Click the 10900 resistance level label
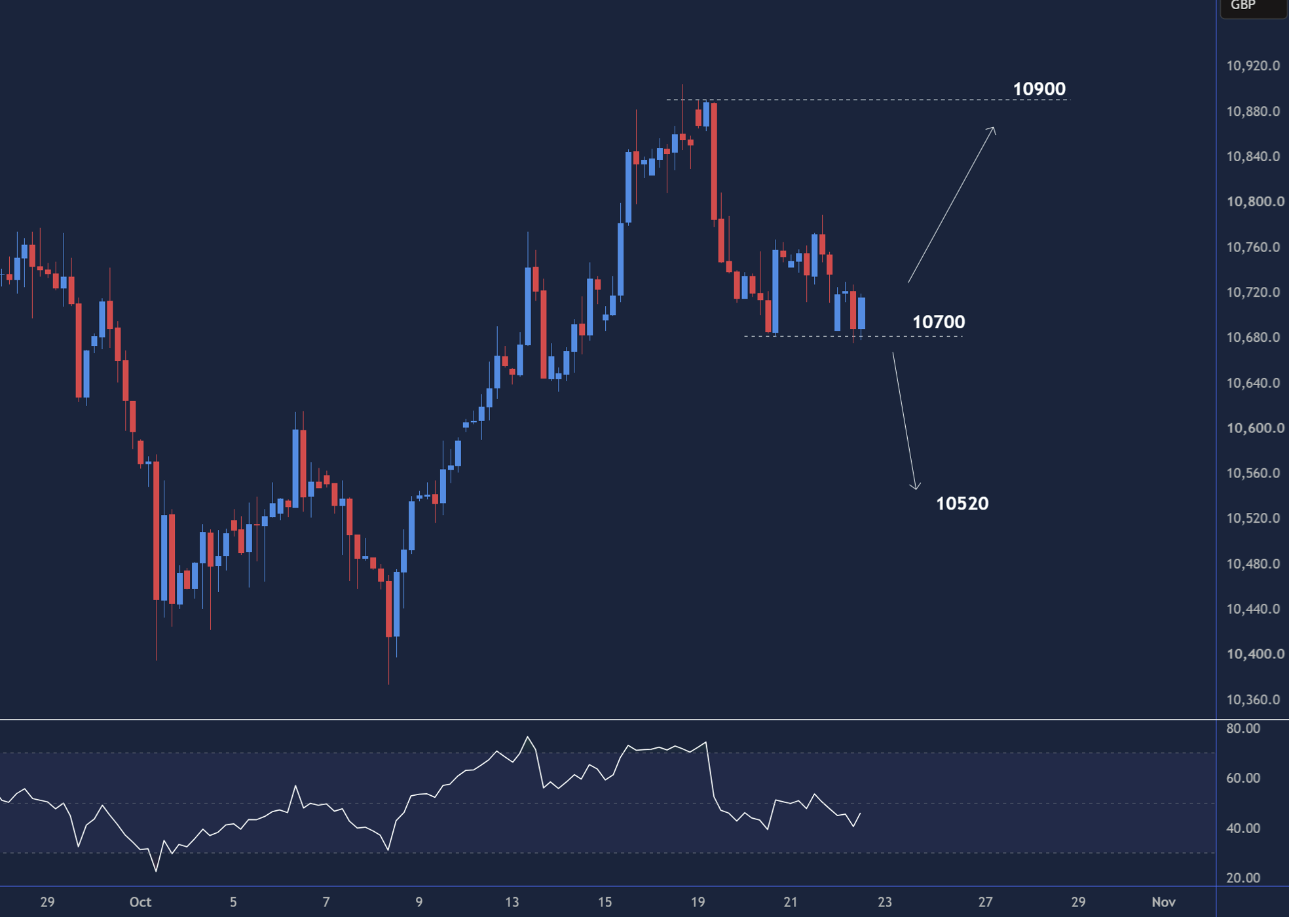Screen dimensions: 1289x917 [1039, 88]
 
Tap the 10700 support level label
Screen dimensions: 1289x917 [939, 322]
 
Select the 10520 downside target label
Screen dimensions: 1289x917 [962, 503]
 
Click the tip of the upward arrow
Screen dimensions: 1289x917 [994, 127]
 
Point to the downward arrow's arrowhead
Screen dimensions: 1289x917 [916, 489]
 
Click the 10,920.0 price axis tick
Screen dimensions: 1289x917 [1253, 65]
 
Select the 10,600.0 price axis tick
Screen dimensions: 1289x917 [1255, 428]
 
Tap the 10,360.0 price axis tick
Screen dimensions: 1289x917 [1253, 700]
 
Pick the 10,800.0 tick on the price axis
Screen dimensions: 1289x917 [1255, 201]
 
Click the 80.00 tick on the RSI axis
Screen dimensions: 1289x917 [1243, 728]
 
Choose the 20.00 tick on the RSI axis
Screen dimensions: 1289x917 [1243, 878]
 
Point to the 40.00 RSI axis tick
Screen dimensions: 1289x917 [1243, 828]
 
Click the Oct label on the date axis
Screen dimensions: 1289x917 [140, 902]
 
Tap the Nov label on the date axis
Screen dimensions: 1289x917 [1163, 902]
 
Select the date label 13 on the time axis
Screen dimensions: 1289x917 [512, 902]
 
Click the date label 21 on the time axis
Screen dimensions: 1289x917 [791, 902]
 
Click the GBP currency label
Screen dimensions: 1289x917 [1242, 6]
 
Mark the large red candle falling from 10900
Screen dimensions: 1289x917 [714, 161]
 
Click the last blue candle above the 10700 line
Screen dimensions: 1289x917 [861, 313]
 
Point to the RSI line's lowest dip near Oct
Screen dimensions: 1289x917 [156, 870]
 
